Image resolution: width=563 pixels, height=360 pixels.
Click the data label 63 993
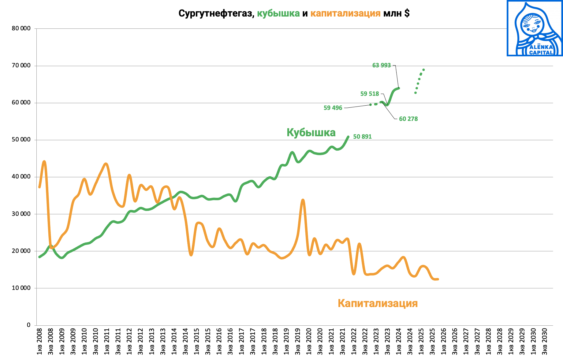(x=381, y=65)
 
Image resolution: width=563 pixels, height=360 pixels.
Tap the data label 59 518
(x=369, y=94)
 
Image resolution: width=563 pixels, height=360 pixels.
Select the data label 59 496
(x=333, y=108)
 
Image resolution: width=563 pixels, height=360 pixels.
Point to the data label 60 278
(x=408, y=119)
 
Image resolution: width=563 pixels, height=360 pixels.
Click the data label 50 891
(x=362, y=137)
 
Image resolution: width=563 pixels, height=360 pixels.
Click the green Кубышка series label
(x=311, y=133)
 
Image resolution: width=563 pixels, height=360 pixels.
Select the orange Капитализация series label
(x=378, y=303)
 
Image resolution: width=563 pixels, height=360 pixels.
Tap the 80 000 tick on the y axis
(x=21, y=28)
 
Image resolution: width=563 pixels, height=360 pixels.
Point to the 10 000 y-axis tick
(x=21, y=288)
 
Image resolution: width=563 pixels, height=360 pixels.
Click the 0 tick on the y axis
(x=28, y=325)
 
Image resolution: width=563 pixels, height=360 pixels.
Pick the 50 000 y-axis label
(x=21, y=140)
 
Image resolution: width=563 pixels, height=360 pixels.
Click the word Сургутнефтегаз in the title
(x=216, y=13)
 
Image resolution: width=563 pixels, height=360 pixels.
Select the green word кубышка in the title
(x=278, y=13)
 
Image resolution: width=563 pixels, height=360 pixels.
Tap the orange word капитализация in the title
(x=345, y=13)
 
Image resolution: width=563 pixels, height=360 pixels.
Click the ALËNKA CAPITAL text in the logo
(x=541, y=50)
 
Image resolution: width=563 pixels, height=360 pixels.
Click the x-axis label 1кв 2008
(x=39, y=342)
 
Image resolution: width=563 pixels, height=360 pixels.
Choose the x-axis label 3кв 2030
(x=545, y=342)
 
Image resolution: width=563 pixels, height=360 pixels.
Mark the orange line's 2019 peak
(x=303, y=200)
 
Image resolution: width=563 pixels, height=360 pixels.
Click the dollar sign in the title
(x=407, y=13)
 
